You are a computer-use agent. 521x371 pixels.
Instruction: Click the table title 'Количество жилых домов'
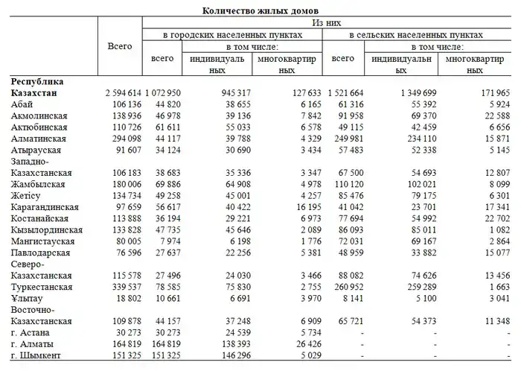coord(260,10)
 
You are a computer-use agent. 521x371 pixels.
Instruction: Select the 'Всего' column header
coord(120,46)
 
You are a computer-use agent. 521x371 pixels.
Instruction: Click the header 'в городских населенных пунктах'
coord(233,35)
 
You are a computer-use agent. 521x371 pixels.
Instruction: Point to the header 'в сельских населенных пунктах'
coord(417,35)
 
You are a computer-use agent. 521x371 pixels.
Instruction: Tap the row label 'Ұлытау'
coord(28,298)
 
